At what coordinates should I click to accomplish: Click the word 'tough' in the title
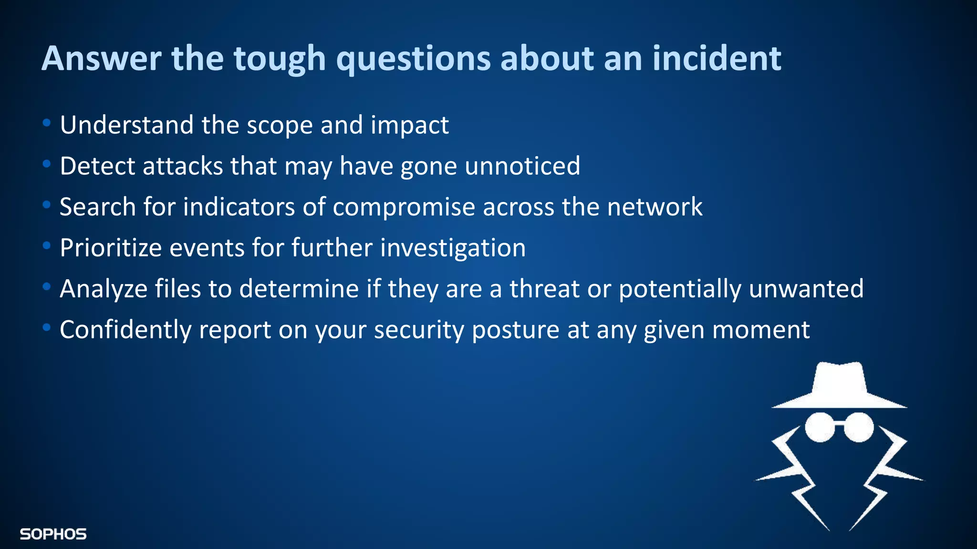click(279, 59)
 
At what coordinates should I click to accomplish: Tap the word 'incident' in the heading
click(717, 58)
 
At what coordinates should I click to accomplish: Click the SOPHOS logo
click(53, 534)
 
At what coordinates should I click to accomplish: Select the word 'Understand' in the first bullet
click(126, 125)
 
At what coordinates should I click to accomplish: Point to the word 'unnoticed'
click(522, 166)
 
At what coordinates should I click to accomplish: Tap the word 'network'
click(655, 207)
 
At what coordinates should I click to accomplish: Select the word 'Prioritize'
click(111, 248)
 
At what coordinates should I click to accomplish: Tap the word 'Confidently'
click(125, 330)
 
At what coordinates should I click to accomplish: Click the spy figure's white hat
click(839, 386)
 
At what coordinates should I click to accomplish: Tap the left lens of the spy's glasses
click(820, 427)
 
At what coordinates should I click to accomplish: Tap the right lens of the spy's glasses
click(859, 427)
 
